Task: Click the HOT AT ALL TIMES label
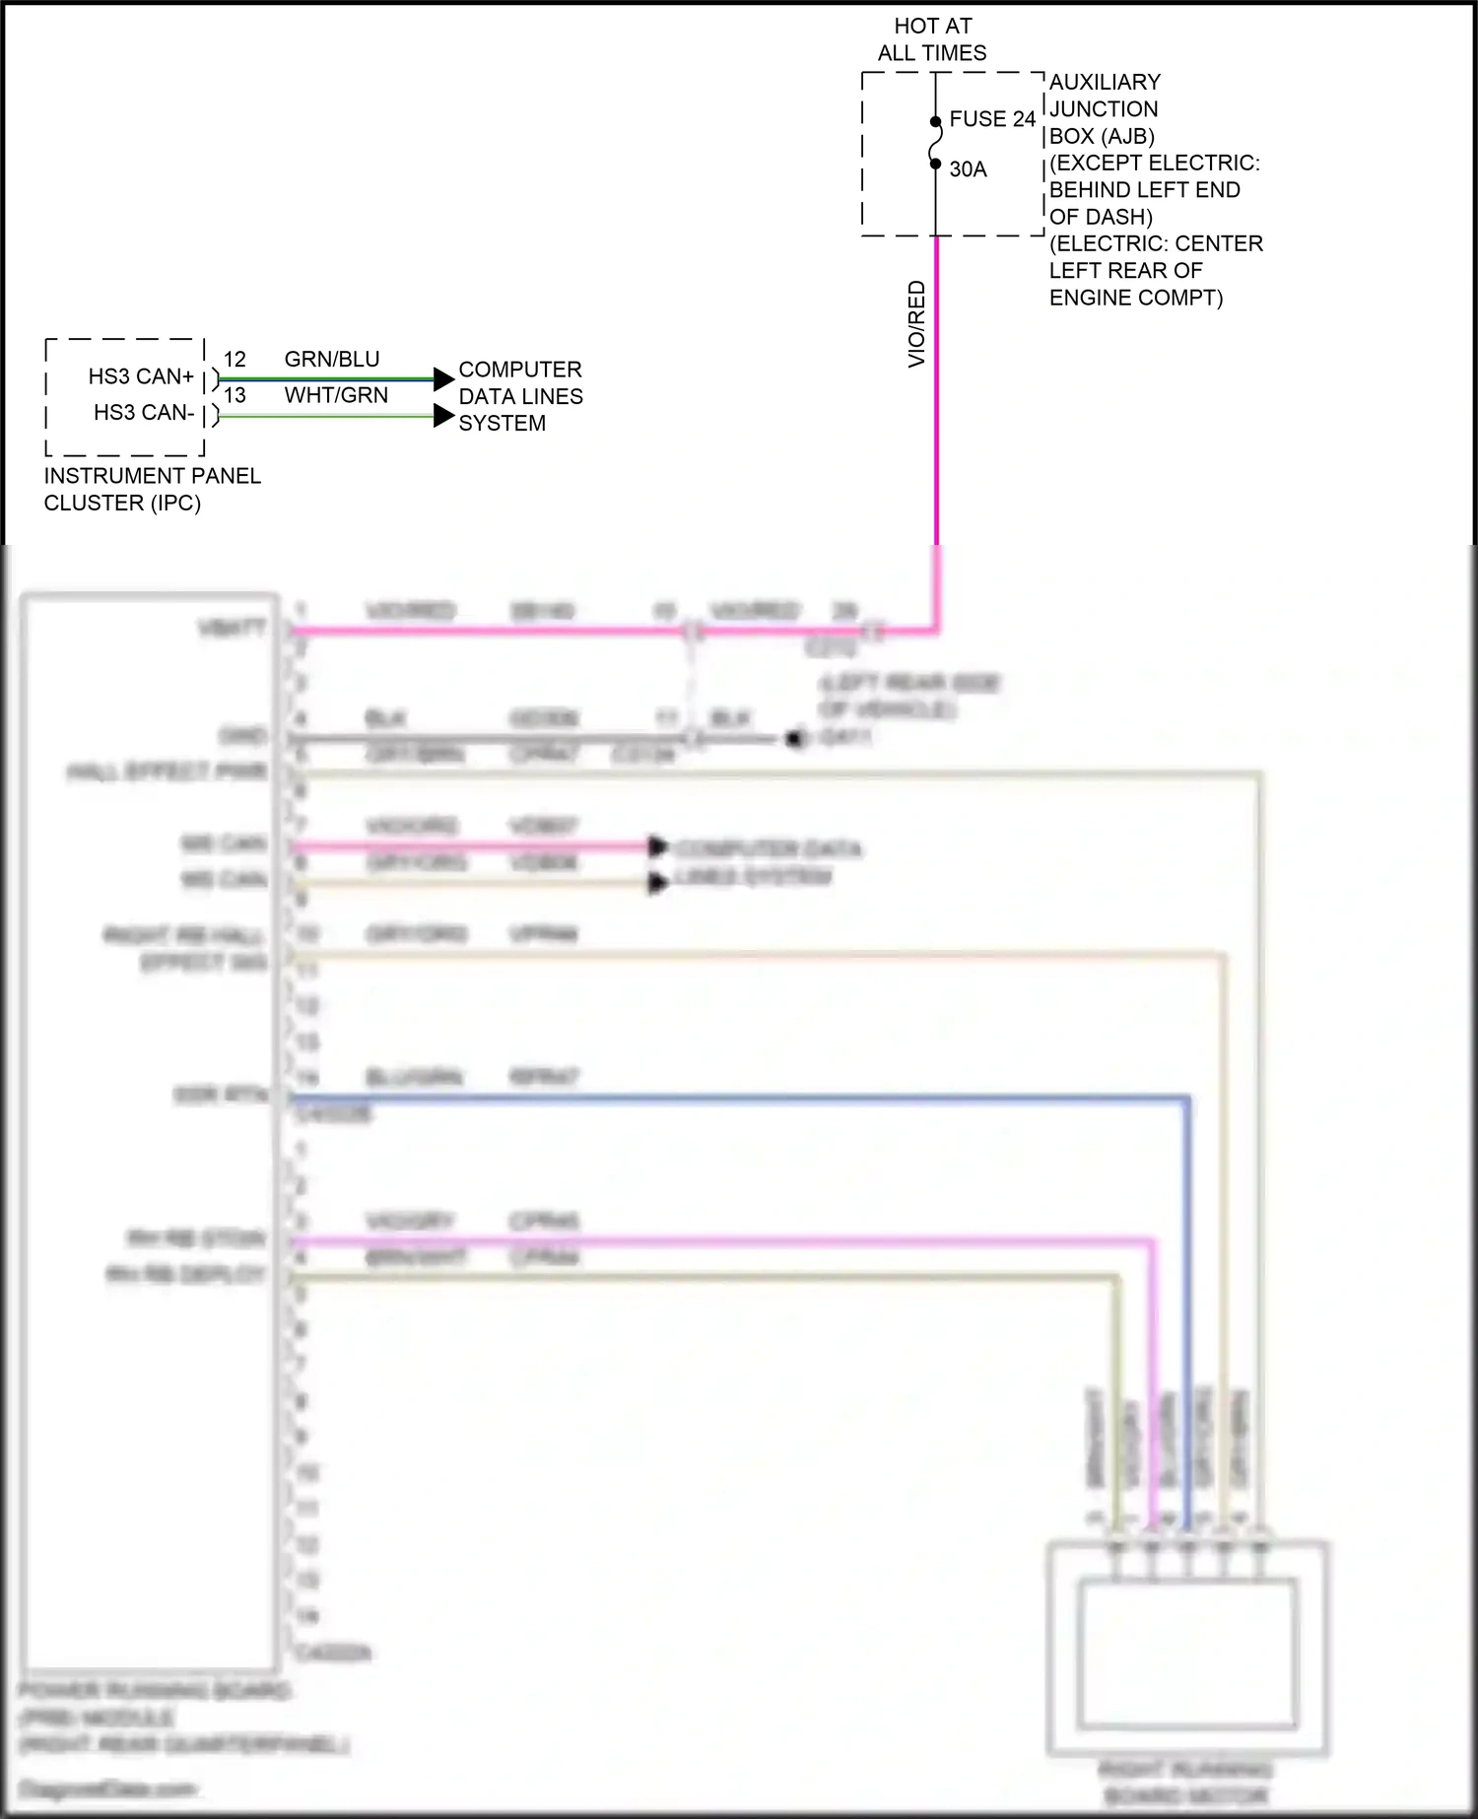pos(932,39)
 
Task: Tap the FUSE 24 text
pos(992,119)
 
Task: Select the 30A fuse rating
pos(968,169)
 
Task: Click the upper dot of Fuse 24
pos(936,122)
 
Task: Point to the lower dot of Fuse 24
pos(936,164)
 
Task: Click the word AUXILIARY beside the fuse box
pos(1105,82)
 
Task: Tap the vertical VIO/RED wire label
pos(916,324)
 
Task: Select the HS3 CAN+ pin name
pos(141,376)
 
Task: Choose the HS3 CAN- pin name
pos(144,413)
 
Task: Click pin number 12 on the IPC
pos(235,360)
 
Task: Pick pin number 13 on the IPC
pos(235,395)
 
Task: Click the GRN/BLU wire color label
pos(332,360)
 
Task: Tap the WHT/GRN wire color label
pos(336,395)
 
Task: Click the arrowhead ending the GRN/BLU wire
pos(444,378)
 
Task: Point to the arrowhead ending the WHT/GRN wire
pos(444,416)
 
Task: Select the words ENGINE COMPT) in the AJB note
pos(1135,298)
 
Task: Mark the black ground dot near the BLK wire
pos(794,738)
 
